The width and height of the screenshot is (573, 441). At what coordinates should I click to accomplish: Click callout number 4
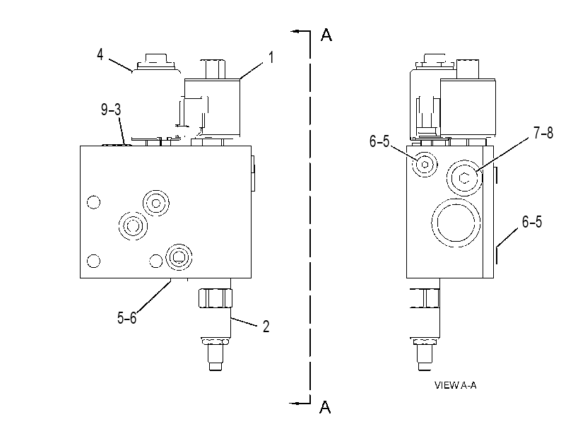(100, 54)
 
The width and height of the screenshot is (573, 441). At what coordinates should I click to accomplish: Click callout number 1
(271, 57)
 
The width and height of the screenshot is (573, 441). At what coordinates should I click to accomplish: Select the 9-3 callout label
(111, 110)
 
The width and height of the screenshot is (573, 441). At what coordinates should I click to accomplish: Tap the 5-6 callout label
(126, 317)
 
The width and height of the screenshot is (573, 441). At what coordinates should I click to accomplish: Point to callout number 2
(266, 327)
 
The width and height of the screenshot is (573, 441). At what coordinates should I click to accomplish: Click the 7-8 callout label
(543, 133)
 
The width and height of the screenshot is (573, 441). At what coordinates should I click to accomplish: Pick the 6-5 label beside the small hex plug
(379, 141)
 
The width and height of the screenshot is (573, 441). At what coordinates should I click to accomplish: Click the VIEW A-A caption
(455, 385)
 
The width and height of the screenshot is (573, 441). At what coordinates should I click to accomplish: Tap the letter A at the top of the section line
(326, 35)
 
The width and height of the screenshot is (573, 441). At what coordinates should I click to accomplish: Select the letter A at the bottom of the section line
(325, 407)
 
